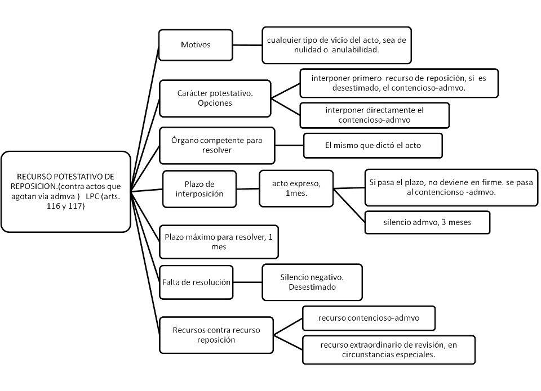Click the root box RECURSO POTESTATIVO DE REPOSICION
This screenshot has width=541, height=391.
coord(66,191)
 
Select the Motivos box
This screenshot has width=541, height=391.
coord(196,45)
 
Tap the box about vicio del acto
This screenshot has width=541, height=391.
coord(336,45)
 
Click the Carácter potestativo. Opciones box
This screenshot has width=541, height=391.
coord(215,98)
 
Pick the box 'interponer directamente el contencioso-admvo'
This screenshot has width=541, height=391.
coord(374,115)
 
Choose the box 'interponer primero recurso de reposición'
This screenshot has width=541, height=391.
coord(399,83)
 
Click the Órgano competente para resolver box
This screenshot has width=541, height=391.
coord(217,145)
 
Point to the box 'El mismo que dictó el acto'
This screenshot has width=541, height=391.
coord(373,145)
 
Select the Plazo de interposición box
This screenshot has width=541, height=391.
coord(199,189)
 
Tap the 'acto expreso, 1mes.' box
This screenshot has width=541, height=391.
coord(296,188)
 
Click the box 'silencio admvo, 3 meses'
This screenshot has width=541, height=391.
coord(427,223)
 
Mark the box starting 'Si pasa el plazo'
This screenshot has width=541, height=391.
coord(451,187)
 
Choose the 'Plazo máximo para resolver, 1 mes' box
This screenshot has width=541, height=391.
coord(219,242)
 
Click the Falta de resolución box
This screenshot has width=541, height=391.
coord(196,282)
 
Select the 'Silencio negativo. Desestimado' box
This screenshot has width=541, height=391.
coord(312,282)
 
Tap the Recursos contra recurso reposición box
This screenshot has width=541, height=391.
coord(216,335)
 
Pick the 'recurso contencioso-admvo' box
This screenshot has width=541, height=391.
coord(369,318)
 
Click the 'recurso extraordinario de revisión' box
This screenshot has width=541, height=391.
coord(388,350)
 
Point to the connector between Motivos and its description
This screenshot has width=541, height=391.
coord(247,45)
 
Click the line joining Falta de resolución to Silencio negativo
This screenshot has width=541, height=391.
coord(248,282)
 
